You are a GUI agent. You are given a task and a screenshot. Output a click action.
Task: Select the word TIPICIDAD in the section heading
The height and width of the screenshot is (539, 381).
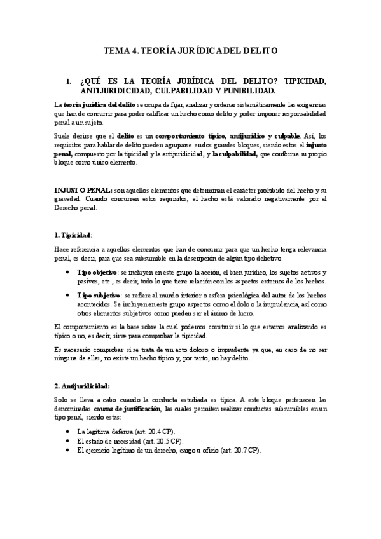coord(300,82)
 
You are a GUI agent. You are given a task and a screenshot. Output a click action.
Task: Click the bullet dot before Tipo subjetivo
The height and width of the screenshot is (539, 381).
coord(69,296)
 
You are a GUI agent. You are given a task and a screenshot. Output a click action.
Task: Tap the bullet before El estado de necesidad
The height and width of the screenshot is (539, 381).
coord(69,440)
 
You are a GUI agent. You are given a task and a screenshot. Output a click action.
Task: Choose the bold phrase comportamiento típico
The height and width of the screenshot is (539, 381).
coord(176,136)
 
